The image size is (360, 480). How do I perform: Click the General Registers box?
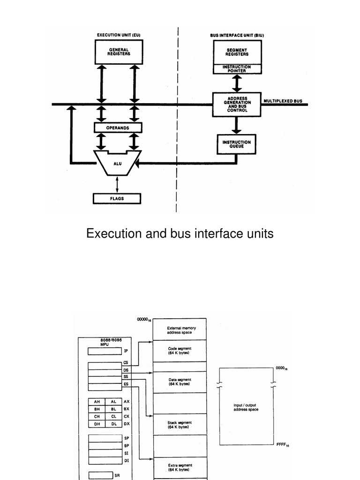119,52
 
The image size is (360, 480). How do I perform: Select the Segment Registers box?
237,52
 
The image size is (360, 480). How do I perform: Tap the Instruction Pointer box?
237,69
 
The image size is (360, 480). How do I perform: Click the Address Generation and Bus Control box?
237,104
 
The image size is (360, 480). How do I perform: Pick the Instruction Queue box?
237,144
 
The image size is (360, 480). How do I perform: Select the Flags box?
117,199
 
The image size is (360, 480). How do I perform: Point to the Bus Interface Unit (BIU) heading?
240,35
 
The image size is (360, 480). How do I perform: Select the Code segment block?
180,351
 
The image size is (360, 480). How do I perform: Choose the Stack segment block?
180,425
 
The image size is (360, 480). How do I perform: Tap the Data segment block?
180,382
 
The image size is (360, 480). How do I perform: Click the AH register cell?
97,402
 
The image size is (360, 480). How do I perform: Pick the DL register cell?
114,424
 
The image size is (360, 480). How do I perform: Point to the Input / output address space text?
246,407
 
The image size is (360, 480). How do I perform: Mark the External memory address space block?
180,330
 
